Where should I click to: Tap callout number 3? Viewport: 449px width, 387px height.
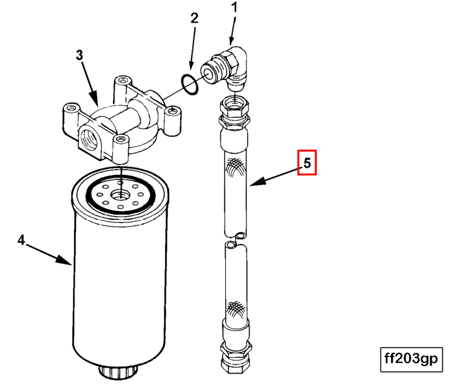(x=79, y=55)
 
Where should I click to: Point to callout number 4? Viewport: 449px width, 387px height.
(x=21, y=241)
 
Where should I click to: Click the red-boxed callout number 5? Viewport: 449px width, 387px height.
(x=308, y=164)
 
